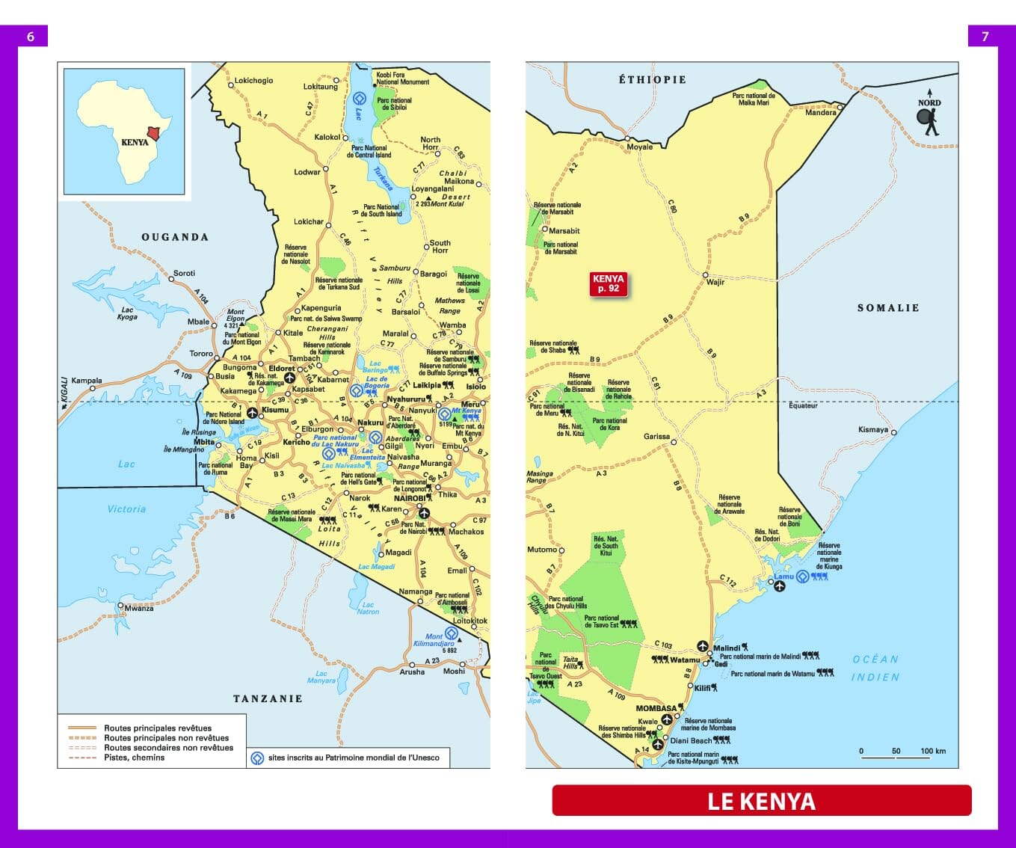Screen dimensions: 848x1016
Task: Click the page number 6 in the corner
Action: (31, 37)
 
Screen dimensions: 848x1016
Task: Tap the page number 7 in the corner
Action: (985, 37)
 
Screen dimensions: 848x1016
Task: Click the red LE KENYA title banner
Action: (761, 801)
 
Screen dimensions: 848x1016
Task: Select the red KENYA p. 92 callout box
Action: (608, 283)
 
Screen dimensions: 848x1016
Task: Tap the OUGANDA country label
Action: (175, 237)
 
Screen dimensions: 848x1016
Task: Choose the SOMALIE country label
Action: (887, 308)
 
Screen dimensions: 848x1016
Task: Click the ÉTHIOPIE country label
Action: (652, 79)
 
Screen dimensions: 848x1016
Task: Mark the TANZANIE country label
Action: (268, 698)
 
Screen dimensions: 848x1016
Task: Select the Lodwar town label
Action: (307, 172)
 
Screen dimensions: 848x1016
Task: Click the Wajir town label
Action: (715, 282)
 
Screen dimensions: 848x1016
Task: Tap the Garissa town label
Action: (656, 436)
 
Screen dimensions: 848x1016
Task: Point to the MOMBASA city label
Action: (656, 708)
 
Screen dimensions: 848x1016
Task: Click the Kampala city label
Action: (87, 381)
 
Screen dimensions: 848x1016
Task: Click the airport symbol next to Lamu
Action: (779, 587)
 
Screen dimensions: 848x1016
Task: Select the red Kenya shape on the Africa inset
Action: (153, 133)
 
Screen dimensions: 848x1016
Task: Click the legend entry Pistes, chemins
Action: (134, 758)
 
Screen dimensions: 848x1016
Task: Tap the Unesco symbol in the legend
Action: (257, 758)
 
